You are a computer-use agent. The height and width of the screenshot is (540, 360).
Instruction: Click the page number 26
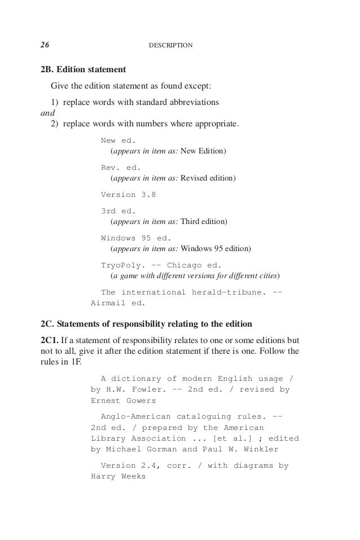tap(45, 44)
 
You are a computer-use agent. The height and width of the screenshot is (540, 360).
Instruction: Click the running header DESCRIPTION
tap(170, 45)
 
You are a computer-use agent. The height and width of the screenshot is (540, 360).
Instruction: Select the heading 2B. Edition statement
tap(83, 71)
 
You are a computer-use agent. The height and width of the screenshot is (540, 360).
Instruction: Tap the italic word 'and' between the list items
tap(47, 112)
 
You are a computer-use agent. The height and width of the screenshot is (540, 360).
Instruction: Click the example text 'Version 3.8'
tap(128, 195)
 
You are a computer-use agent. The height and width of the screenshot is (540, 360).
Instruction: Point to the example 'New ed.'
tap(118, 141)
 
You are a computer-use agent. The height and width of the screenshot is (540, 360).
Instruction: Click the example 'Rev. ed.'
tap(121, 168)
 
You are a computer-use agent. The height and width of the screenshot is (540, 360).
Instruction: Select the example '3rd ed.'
tap(118, 210)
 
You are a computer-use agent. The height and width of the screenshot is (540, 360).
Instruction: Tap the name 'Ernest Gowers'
tap(123, 401)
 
